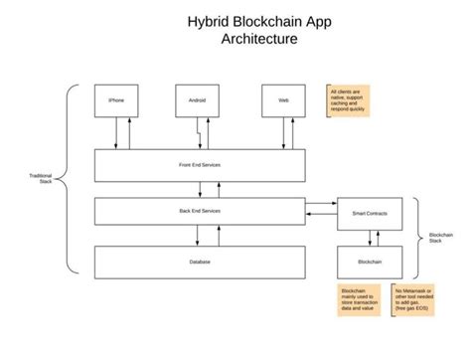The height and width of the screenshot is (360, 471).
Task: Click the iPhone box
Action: click(x=115, y=100)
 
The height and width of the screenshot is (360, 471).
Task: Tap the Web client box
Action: click(x=283, y=100)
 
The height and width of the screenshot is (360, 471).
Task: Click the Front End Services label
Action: click(x=200, y=165)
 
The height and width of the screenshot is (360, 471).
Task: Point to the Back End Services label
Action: click(x=200, y=212)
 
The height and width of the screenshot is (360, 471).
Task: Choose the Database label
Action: click(x=200, y=262)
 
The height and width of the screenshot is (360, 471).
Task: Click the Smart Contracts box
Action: click(x=370, y=214)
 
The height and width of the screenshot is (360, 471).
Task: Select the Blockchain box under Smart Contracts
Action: click(x=370, y=262)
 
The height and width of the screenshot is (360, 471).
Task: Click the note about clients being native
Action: click(x=349, y=100)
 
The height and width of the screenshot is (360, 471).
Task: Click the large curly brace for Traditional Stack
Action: click(x=68, y=179)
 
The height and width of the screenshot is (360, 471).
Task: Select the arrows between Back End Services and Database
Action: click(x=207, y=236)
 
